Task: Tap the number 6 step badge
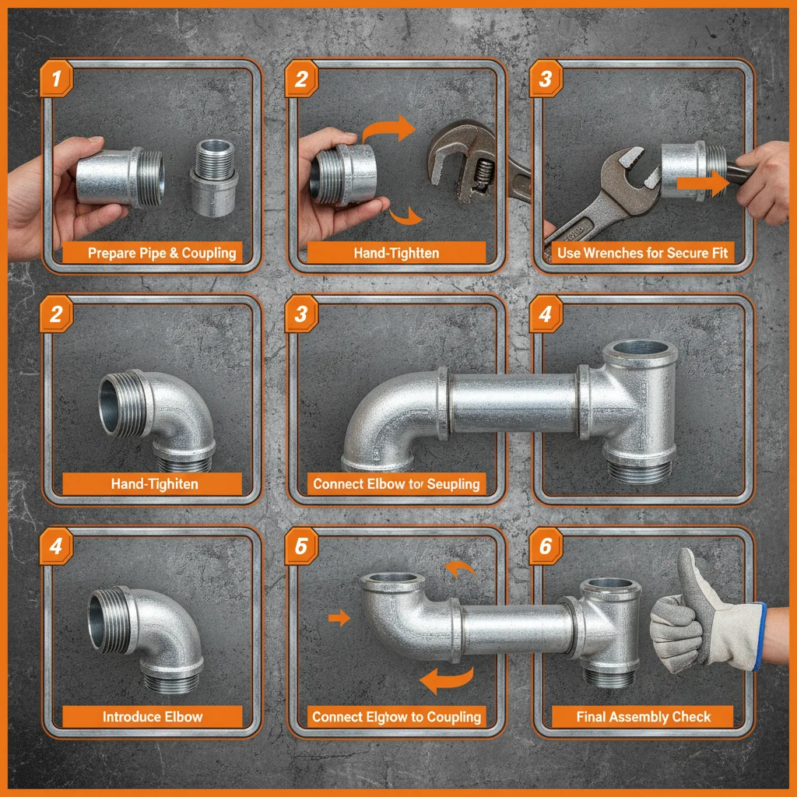coord(545,546)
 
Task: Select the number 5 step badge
coord(300,546)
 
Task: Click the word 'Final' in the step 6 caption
coord(593,717)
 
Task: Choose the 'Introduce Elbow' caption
coord(153,717)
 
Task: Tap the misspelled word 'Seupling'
coord(453,484)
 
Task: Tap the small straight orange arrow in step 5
coord(339,618)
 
